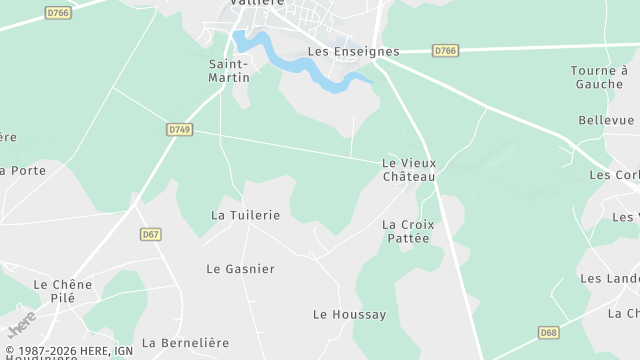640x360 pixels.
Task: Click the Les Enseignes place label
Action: [x=353, y=52]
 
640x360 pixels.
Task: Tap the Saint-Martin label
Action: [x=229, y=71]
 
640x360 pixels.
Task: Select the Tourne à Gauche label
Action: [x=599, y=77]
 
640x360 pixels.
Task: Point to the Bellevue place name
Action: [x=606, y=120]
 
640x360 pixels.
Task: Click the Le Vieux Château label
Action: [x=409, y=169]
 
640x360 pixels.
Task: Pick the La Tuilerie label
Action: [x=245, y=215]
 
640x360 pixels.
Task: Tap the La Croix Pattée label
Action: [x=406, y=231]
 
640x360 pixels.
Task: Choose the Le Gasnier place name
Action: [x=240, y=269]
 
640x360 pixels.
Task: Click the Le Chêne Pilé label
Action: [x=62, y=291]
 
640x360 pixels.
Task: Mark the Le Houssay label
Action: [x=349, y=315]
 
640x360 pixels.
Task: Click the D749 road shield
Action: [x=179, y=129]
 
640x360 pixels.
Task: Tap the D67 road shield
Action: [x=151, y=234]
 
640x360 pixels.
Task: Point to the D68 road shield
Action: [x=548, y=332]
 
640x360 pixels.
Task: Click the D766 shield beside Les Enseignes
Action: [x=445, y=50]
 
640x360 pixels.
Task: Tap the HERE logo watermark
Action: [x=22, y=325]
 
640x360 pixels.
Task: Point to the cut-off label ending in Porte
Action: [x=23, y=171]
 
